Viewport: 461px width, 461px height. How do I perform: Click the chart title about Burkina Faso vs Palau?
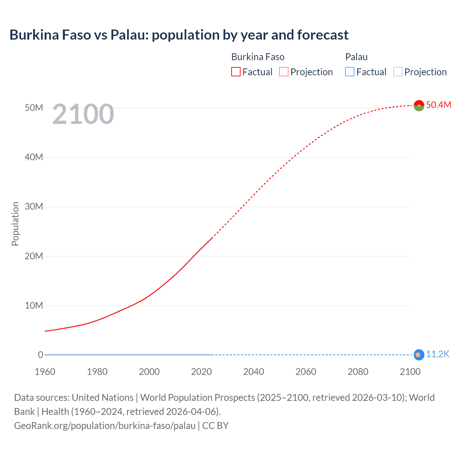[179, 35]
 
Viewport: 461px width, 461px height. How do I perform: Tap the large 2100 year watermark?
[83, 114]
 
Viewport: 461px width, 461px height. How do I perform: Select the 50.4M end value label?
[438, 105]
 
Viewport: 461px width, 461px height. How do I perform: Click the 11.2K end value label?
[438, 354]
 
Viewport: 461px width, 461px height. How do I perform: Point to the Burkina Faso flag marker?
[419, 106]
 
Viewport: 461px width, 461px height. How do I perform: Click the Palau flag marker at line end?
[418, 355]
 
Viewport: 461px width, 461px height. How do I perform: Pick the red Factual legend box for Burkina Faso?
[236, 72]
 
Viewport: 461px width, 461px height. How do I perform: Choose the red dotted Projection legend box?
[284, 72]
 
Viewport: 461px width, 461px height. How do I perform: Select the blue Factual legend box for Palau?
[350, 72]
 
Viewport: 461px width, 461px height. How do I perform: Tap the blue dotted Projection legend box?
[398, 72]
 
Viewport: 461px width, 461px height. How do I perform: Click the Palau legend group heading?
[356, 57]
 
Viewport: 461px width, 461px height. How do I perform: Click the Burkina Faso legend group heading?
[258, 57]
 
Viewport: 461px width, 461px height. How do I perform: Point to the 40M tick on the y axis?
[34, 157]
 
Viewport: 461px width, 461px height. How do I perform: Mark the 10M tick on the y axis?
[34, 305]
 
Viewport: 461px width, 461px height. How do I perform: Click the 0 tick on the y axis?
[40, 355]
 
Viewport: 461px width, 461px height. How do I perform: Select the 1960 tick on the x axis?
[45, 372]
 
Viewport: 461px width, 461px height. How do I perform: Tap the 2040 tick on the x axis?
[254, 372]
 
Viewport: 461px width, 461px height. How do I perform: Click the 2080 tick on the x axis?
[358, 372]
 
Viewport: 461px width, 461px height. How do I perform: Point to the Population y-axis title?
[15, 224]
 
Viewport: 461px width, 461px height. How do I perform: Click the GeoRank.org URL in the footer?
[105, 426]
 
